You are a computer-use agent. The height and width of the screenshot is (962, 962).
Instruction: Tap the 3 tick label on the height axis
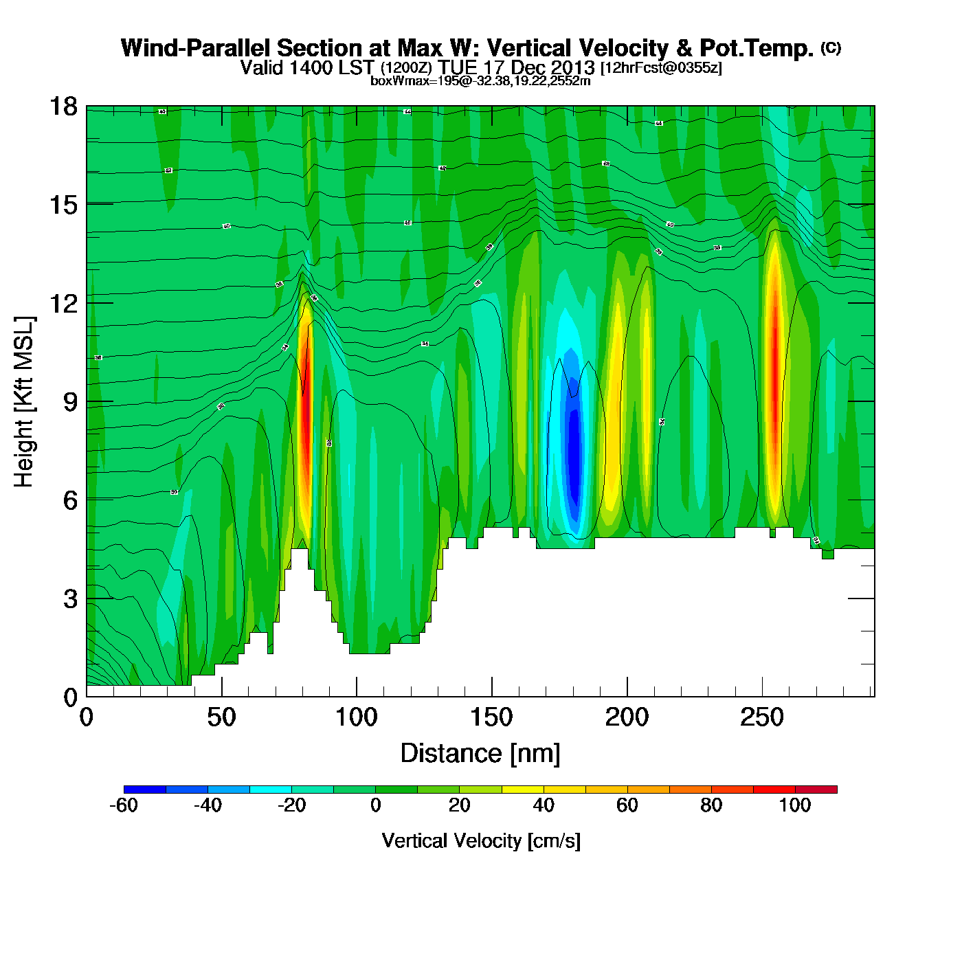tap(70, 599)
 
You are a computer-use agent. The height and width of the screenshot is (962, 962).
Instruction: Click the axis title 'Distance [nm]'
tap(480, 753)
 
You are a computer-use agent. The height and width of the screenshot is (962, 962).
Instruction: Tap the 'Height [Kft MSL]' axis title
tap(24, 402)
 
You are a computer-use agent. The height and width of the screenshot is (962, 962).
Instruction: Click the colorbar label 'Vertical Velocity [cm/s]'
tap(481, 840)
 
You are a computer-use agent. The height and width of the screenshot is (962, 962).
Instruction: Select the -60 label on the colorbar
tap(124, 805)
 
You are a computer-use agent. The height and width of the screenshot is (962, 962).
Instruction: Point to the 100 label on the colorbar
tap(795, 805)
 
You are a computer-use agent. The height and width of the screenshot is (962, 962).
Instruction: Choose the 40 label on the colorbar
tap(544, 805)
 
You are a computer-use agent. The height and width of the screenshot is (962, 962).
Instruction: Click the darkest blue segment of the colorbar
tap(145, 790)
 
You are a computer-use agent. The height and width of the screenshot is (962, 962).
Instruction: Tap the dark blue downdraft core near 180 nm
tap(573, 447)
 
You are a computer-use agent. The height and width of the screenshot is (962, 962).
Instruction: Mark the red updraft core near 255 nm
tap(774, 385)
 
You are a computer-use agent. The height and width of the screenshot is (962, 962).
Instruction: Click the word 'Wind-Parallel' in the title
tap(196, 48)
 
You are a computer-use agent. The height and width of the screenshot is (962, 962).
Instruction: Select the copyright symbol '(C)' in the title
tap(831, 47)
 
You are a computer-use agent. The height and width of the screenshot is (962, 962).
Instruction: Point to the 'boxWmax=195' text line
tap(480, 80)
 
